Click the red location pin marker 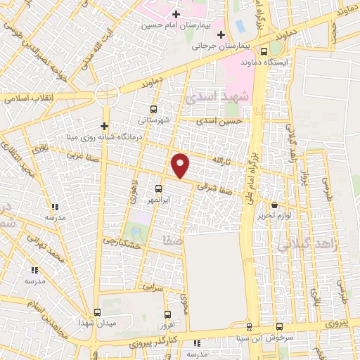(x=181, y=165)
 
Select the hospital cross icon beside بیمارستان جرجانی (x=221, y=35)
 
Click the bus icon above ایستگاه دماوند (x=263, y=51)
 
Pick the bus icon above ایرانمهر (x=158, y=188)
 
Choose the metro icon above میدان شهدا (x=96, y=311)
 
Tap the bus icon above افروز (x=167, y=314)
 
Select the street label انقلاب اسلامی (x=27, y=98)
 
